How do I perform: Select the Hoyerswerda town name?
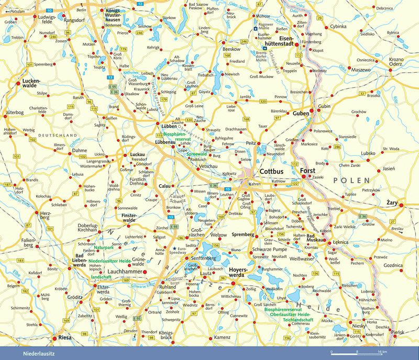tap(241, 273)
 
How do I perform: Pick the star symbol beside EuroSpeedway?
tap(174, 248)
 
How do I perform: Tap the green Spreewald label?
tap(197, 155)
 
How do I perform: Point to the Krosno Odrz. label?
tap(396, 63)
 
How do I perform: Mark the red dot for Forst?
tap(303, 177)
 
